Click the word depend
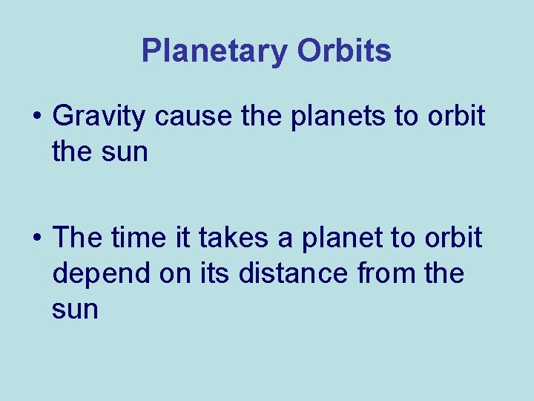[101, 274]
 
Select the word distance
[293, 273]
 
